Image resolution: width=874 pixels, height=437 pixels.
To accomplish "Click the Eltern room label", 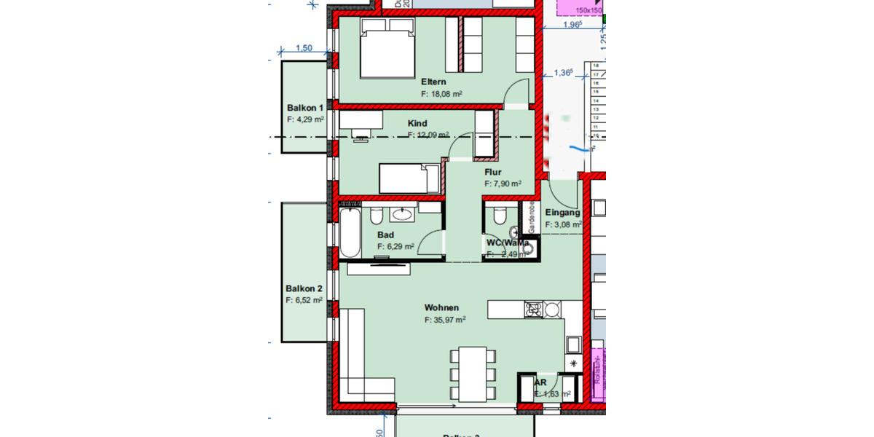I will tap(433, 82).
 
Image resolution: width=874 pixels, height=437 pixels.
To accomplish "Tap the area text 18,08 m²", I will tap(442, 94).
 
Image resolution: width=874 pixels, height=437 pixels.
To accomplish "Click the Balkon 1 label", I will tap(304, 108).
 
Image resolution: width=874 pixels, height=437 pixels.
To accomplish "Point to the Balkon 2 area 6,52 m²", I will tap(304, 299).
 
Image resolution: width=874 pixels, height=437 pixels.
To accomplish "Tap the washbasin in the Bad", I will tap(402, 214).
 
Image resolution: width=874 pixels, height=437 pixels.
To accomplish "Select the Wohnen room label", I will tap(441, 307).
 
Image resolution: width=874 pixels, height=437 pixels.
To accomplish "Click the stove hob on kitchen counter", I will tap(533, 310).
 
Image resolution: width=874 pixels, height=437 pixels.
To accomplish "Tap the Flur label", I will tap(493, 173).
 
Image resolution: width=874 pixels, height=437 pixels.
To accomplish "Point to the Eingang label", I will tap(562, 213).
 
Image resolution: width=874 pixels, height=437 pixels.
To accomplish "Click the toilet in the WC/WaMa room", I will tap(500, 216).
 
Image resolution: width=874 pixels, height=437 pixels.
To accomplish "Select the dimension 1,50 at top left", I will tap(304, 48).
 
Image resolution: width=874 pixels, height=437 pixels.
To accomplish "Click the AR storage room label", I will tap(540, 382).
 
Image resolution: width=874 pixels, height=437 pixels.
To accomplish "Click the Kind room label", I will tap(417, 123).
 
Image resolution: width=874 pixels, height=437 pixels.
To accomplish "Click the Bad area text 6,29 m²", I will tap(395, 247).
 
